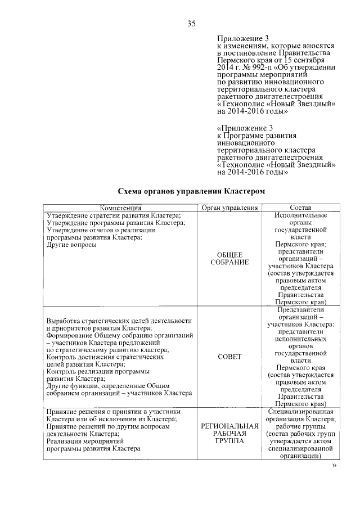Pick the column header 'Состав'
point(300,208)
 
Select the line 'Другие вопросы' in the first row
point(71,245)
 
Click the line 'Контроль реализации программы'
point(97,371)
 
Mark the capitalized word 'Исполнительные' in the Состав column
point(300,215)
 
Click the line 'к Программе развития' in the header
point(256,136)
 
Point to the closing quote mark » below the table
point(334,466)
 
